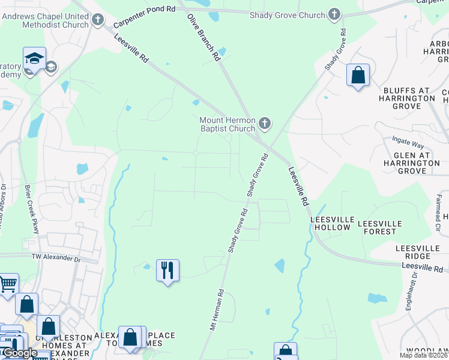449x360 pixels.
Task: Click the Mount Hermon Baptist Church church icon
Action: [x=265, y=125]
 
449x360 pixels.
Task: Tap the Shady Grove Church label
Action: [x=288, y=14]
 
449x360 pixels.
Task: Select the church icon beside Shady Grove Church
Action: [x=334, y=14]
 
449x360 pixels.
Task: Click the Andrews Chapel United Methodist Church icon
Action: [x=98, y=21]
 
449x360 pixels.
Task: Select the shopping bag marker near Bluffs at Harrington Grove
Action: [x=358, y=76]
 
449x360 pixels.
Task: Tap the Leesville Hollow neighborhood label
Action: [x=330, y=224]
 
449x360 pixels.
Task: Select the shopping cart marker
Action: [x=7, y=284]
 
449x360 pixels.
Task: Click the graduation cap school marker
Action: [x=34, y=59]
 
